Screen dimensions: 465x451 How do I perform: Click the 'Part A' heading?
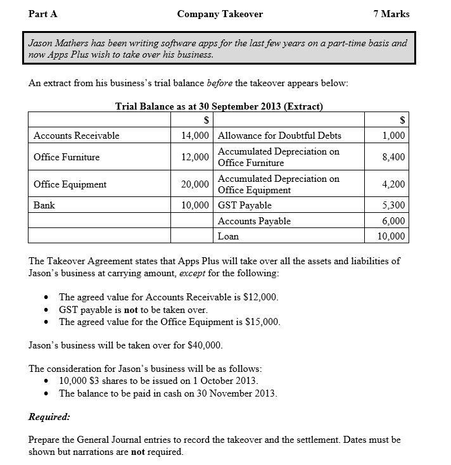pyautogui.click(x=43, y=14)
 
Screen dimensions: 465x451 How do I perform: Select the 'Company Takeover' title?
pyautogui.click(x=220, y=14)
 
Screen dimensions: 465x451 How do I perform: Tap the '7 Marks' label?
pyautogui.click(x=391, y=14)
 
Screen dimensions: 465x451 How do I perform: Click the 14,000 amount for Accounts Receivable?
pyautogui.click(x=194, y=136)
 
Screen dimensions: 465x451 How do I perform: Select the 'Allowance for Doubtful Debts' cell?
pyautogui.click(x=279, y=136)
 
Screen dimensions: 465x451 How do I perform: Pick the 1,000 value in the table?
pyautogui.click(x=394, y=136)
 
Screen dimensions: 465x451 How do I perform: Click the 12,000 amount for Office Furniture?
pyautogui.click(x=194, y=157)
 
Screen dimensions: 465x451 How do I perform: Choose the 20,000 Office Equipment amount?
pyautogui.click(x=194, y=184)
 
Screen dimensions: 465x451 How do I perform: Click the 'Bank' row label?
pyautogui.click(x=44, y=205)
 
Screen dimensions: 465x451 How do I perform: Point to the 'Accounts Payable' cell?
pyautogui.click(x=254, y=221)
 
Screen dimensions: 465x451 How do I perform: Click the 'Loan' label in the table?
pyautogui.click(x=228, y=236)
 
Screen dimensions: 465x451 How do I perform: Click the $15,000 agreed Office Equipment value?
pyautogui.click(x=261, y=322)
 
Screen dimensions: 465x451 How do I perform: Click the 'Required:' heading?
pyautogui.click(x=49, y=417)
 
